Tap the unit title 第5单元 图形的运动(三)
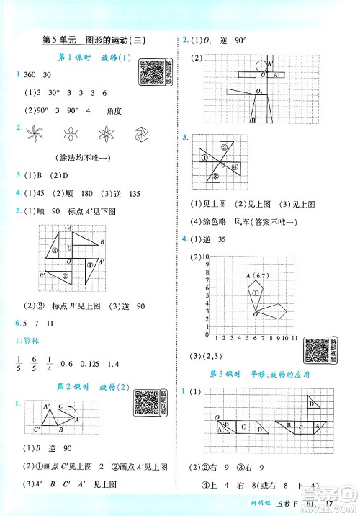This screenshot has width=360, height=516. tap(93, 40)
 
